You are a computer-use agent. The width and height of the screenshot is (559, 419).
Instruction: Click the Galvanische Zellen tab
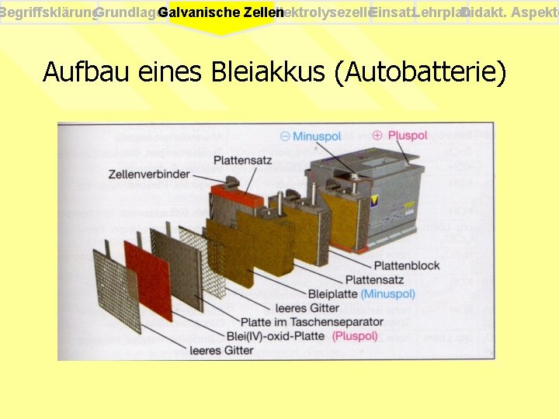click(x=220, y=13)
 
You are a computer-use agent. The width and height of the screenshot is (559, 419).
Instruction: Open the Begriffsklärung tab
click(x=48, y=13)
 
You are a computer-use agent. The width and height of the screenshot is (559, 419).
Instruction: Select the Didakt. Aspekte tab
click(x=512, y=13)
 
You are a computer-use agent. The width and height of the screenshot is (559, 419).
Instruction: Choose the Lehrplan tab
click(x=441, y=13)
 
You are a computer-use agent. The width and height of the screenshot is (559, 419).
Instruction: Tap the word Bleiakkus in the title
click(x=267, y=72)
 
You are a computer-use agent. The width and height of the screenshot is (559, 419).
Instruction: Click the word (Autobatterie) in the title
click(x=419, y=72)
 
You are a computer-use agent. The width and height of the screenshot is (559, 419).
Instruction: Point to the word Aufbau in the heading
click(x=85, y=72)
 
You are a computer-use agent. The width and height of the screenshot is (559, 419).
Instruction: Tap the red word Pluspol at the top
click(x=408, y=135)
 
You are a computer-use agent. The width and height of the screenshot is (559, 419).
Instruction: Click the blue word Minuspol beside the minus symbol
click(x=317, y=137)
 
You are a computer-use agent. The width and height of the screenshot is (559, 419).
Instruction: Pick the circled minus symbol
click(x=285, y=137)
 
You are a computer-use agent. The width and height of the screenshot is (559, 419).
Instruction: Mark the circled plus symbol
click(x=377, y=135)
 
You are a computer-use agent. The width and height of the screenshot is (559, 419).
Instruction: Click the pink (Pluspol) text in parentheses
click(x=355, y=336)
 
